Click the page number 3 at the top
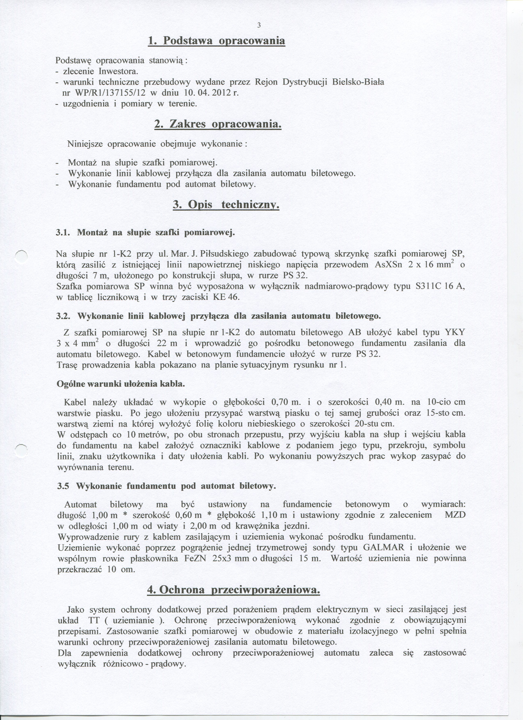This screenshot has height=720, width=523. (259, 26)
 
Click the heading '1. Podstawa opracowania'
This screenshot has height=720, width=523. (216, 41)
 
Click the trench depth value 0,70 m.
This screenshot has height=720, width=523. (286, 402)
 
